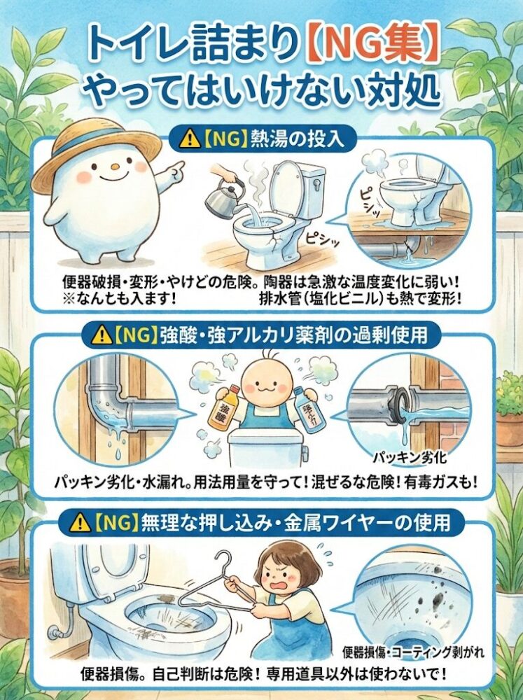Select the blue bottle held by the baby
pos(308,408)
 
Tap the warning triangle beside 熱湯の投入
pos(189,140)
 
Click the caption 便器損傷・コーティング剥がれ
pos(412,652)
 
